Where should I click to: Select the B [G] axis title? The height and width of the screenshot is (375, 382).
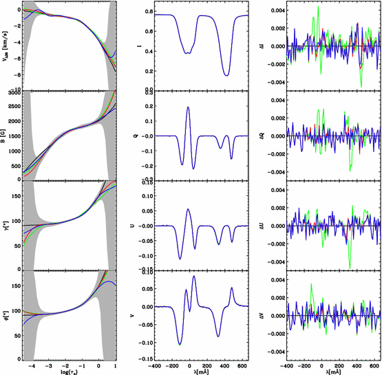coord(6,136)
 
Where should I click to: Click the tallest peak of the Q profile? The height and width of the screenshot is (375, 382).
coord(188,107)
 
